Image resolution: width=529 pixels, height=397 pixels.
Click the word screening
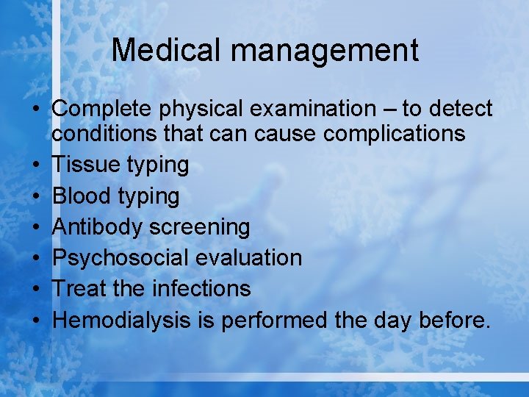pyautogui.click(x=200, y=226)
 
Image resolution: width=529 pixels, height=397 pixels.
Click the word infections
pyautogui.click(x=201, y=288)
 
